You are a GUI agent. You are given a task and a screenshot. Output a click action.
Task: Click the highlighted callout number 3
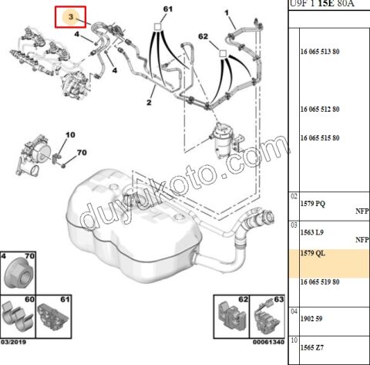click(71, 17)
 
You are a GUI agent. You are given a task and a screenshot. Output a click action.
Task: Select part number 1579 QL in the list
click(313, 253)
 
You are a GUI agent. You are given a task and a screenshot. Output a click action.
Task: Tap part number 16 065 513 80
click(320, 52)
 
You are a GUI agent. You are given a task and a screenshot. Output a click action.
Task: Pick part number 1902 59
click(311, 319)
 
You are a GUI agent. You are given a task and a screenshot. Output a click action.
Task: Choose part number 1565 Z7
click(312, 347)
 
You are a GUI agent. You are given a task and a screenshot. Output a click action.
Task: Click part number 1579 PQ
click(313, 204)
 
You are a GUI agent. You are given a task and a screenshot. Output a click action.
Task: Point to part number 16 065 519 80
click(320, 282)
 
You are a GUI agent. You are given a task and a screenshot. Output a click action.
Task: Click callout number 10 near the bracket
click(70, 135)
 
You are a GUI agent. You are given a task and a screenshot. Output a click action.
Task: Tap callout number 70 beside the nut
click(82, 153)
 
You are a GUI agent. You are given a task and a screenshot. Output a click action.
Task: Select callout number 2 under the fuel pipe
click(149, 103)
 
